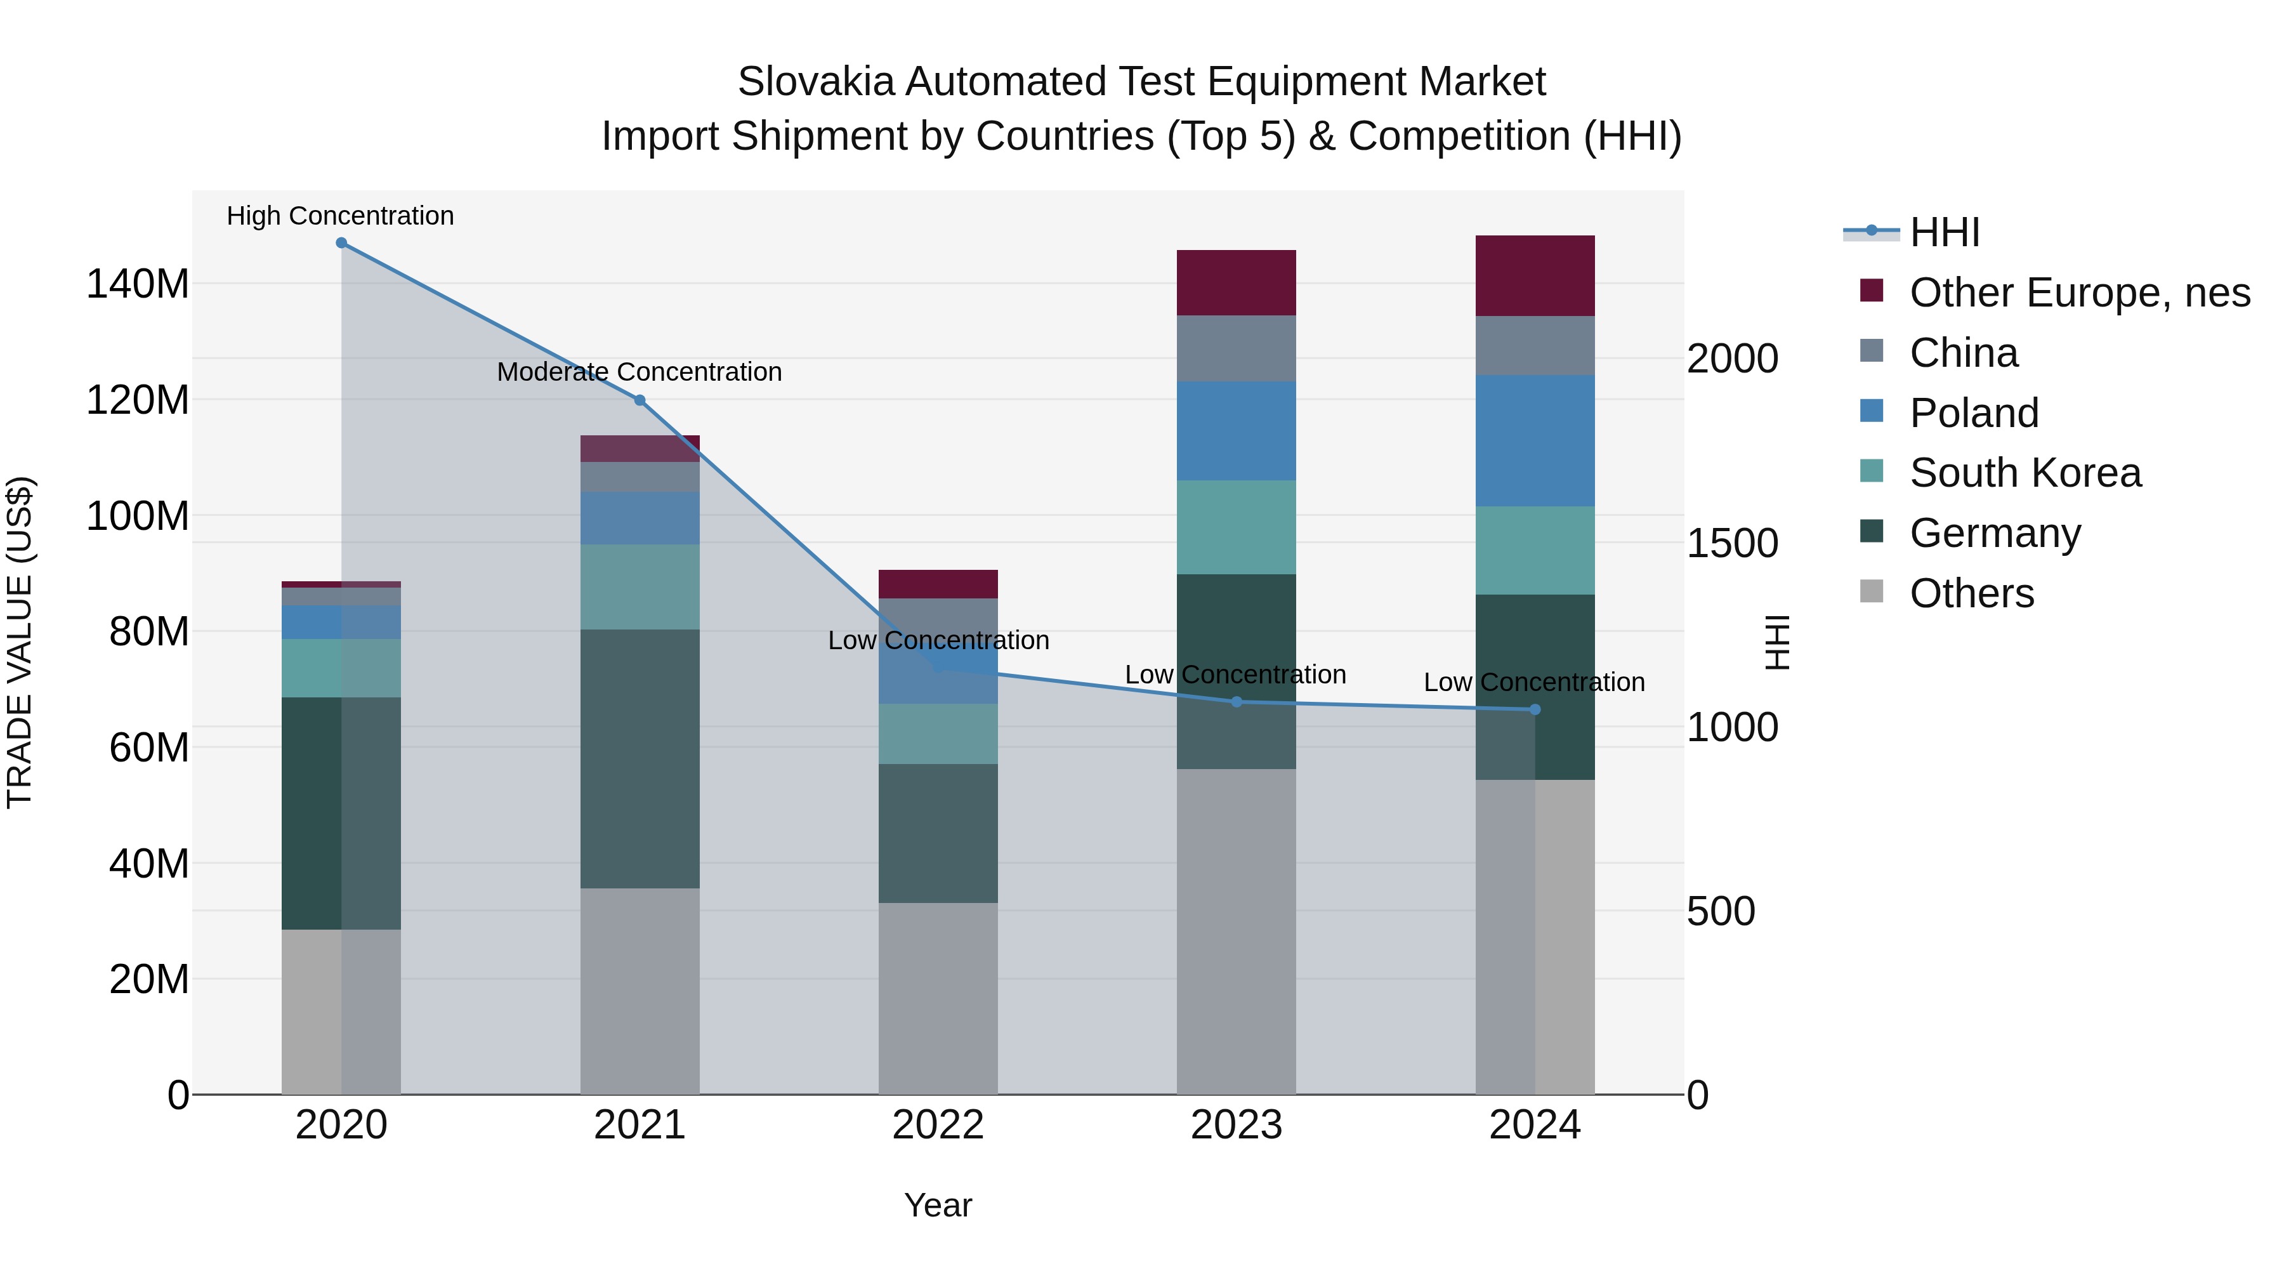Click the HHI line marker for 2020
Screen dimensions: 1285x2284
341,243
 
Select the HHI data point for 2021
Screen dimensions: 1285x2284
640,400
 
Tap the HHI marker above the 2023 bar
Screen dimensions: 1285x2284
1237,701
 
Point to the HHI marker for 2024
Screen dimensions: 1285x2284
1535,709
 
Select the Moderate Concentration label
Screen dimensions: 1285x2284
640,372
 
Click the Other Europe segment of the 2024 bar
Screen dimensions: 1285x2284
1535,276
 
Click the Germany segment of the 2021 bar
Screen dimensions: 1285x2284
640,758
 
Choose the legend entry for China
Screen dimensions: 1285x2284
1963,353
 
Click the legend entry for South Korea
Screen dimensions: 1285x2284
2025,473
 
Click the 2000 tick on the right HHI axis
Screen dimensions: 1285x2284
1731,359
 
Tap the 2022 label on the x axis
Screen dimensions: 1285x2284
938,1125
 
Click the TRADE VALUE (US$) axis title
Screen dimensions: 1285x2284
20,642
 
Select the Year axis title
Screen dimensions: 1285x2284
938,1205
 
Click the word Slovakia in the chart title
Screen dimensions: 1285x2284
816,82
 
